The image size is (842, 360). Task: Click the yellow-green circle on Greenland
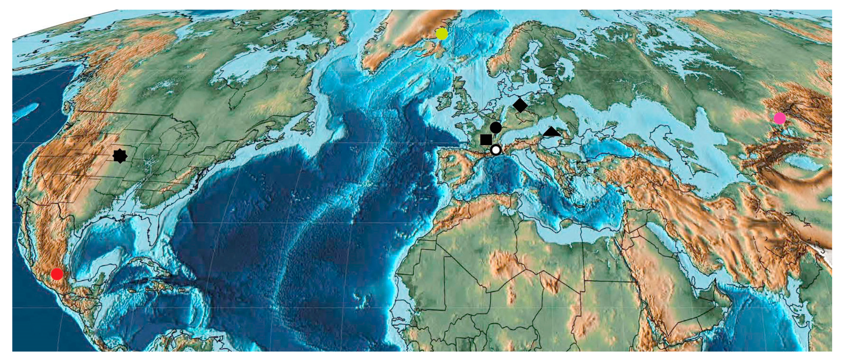click(x=442, y=34)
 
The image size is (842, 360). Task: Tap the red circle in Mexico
click(x=57, y=274)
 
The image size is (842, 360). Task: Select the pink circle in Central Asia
click(x=780, y=118)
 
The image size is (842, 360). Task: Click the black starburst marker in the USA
click(x=120, y=156)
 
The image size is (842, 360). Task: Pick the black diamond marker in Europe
click(x=520, y=105)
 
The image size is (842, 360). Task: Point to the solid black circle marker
click(x=495, y=127)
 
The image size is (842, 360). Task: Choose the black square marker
click(x=486, y=140)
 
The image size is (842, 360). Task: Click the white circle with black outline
click(x=495, y=150)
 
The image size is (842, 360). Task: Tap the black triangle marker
click(x=551, y=132)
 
